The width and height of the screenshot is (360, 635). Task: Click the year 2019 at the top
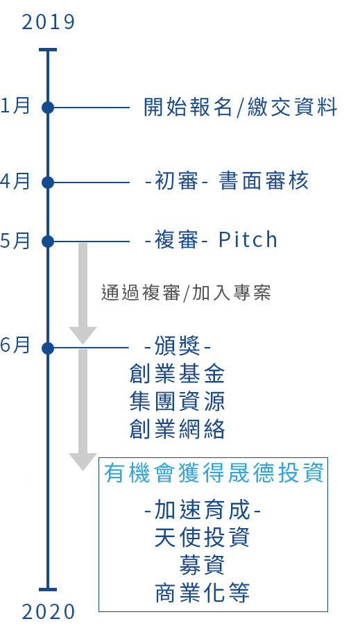coord(49,22)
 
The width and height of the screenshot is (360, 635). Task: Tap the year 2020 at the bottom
coord(49,611)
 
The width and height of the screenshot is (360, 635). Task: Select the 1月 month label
coord(15,105)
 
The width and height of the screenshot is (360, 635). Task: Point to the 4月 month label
coord(15,180)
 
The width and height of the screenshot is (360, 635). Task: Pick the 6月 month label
coord(15,346)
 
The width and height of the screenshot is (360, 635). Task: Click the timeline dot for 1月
coord(48,108)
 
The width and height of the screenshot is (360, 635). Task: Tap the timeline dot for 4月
coord(48,183)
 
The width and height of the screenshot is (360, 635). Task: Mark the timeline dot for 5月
coord(48,242)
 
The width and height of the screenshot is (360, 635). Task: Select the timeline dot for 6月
coord(48,348)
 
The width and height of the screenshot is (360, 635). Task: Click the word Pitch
coord(248,239)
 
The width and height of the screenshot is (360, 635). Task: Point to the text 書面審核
coord(264,180)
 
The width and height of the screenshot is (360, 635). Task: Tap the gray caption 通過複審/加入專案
coord(186,293)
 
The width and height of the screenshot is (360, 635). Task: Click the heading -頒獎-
coord(178,347)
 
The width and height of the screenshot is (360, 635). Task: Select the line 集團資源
coord(177,401)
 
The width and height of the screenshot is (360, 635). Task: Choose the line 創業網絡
coord(177,429)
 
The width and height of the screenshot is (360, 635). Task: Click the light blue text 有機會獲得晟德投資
coord(214,473)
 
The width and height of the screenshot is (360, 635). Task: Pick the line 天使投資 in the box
coord(202,537)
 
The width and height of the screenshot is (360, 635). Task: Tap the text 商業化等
coord(202,593)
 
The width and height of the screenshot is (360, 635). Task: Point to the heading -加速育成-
coord(202,510)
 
